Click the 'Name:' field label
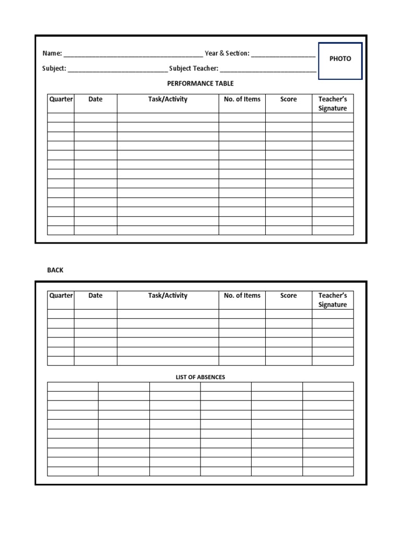(52, 54)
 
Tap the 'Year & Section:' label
(227, 54)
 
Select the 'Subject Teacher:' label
(194, 68)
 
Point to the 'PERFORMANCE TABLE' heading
(200, 83)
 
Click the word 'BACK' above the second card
(55, 270)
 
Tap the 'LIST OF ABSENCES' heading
(200, 377)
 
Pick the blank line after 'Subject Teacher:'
(268, 70)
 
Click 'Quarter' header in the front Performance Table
(61, 99)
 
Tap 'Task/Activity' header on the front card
(168, 99)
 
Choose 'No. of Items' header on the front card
(242, 99)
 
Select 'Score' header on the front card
(288, 99)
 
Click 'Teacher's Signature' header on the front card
(333, 104)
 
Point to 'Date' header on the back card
(96, 296)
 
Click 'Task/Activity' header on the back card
(168, 296)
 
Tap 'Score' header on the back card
(288, 296)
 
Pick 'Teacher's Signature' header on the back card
(333, 300)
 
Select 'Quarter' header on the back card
(61, 296)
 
